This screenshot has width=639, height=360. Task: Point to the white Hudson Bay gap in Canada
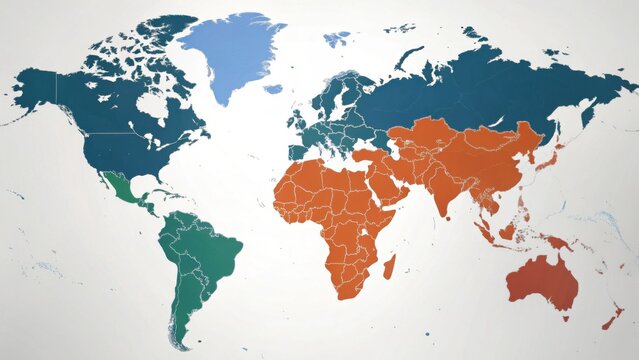152,104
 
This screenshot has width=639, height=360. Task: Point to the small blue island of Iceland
273,89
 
